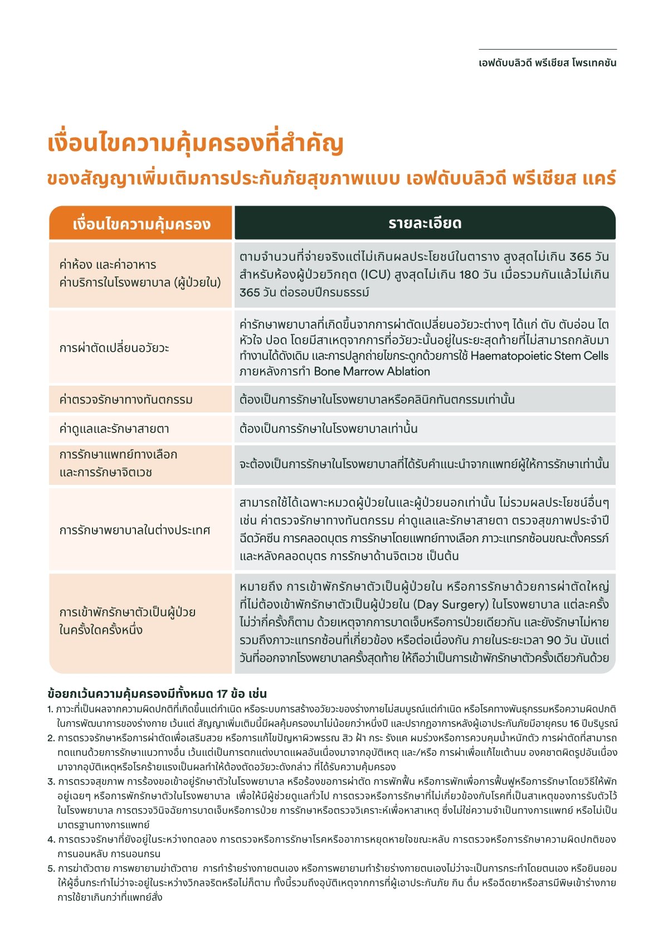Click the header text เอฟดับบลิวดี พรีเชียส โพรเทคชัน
click(x=547, y=63)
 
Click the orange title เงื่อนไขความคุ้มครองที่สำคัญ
click(x=195, y=143)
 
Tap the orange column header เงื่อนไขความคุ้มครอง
click(x=141, y=224)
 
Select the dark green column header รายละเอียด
click(x=425, y=223)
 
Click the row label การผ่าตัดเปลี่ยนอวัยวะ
click(x=114, y=348)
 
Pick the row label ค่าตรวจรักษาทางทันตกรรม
click(x=126, y=400)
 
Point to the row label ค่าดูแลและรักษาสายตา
click(x=114, y=429)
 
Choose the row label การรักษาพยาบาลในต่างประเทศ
click(x=135, y=529)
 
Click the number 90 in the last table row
click(x=554, y=639)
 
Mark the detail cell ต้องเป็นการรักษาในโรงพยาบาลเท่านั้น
click(x=328, y=429)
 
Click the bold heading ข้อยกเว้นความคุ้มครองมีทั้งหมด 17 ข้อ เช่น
click(x=157, y=694)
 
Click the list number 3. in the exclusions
click(x=51, y=781)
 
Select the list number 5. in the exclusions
click(x=51, y=868)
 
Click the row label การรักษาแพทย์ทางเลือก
click(x=118, y=454)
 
